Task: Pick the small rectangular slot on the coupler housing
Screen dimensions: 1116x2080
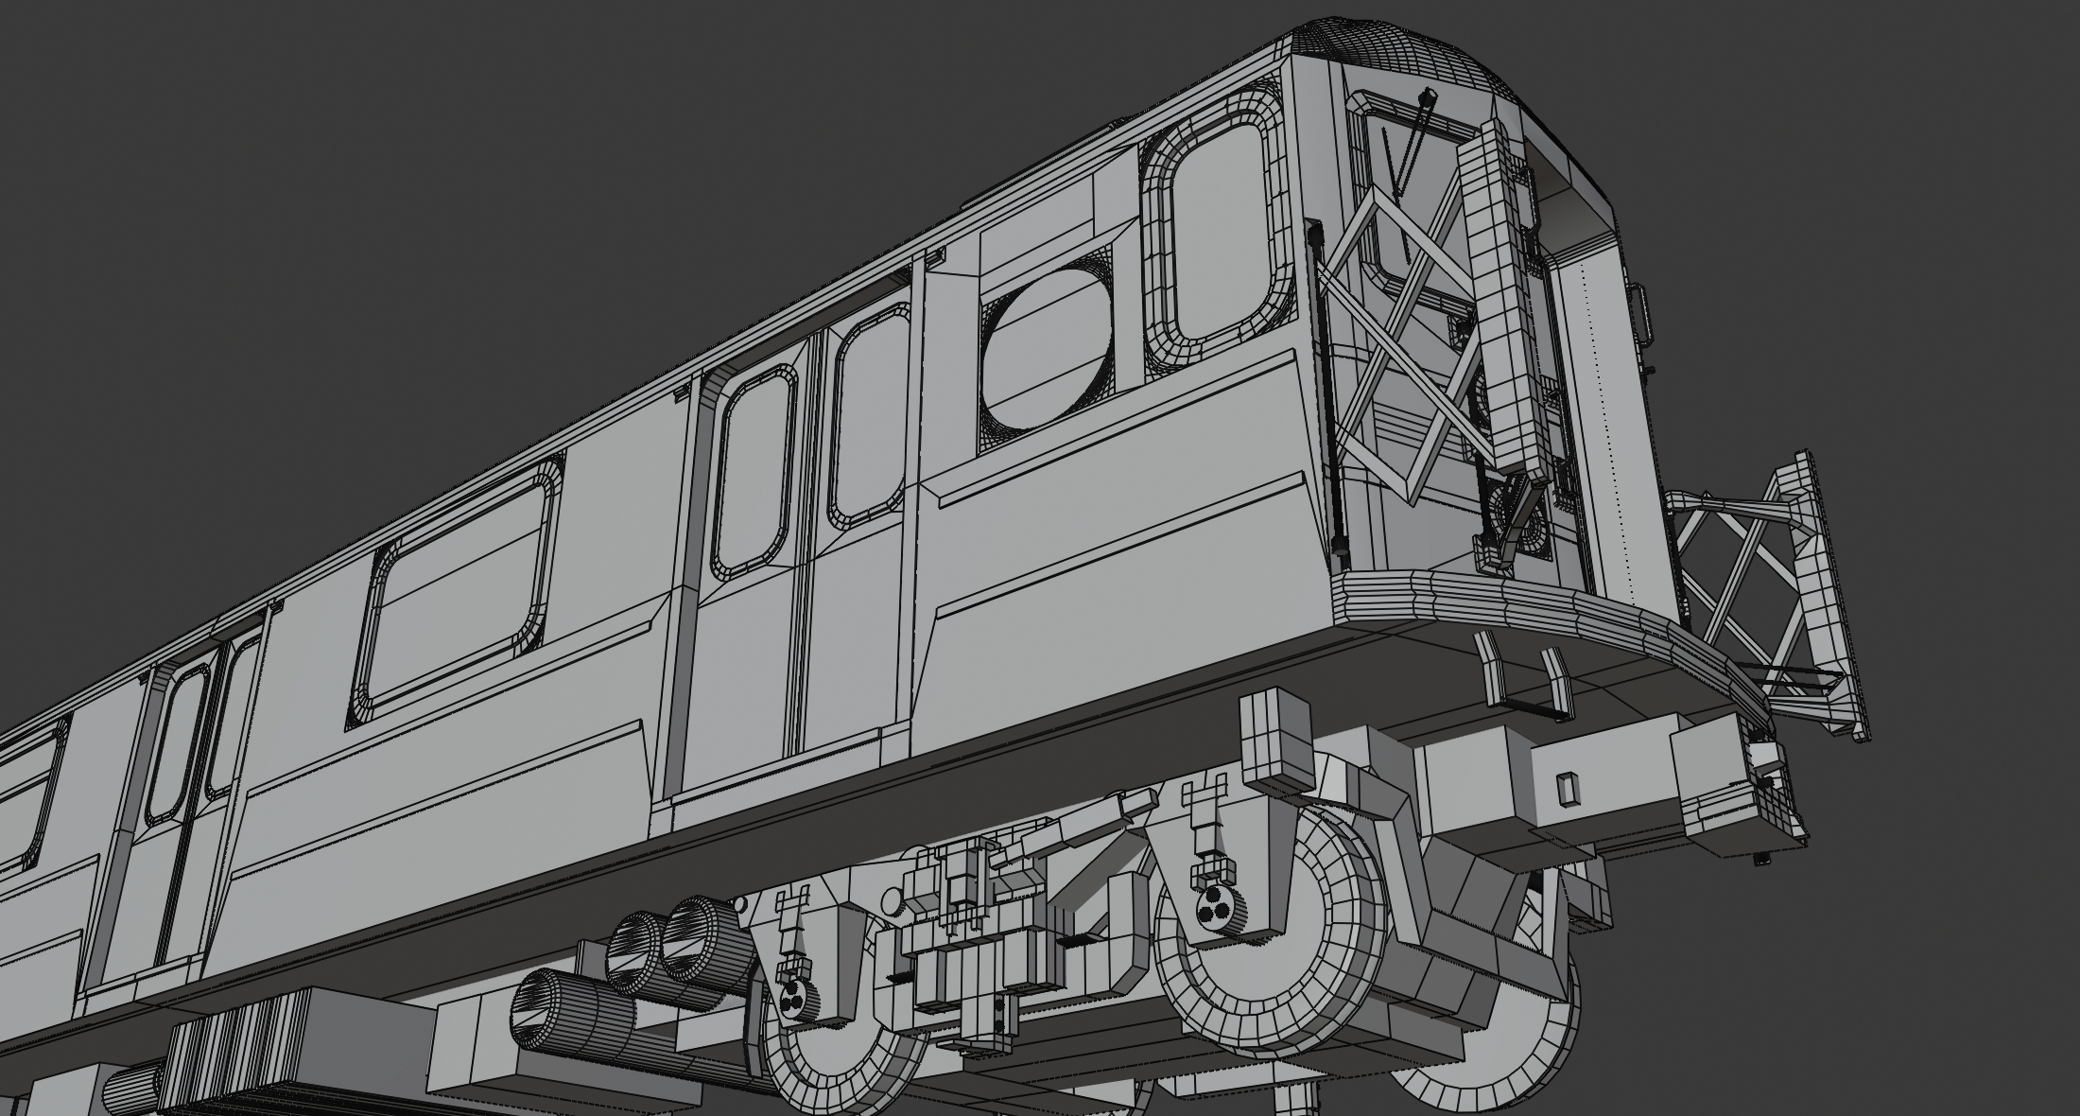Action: click(1568, 787)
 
